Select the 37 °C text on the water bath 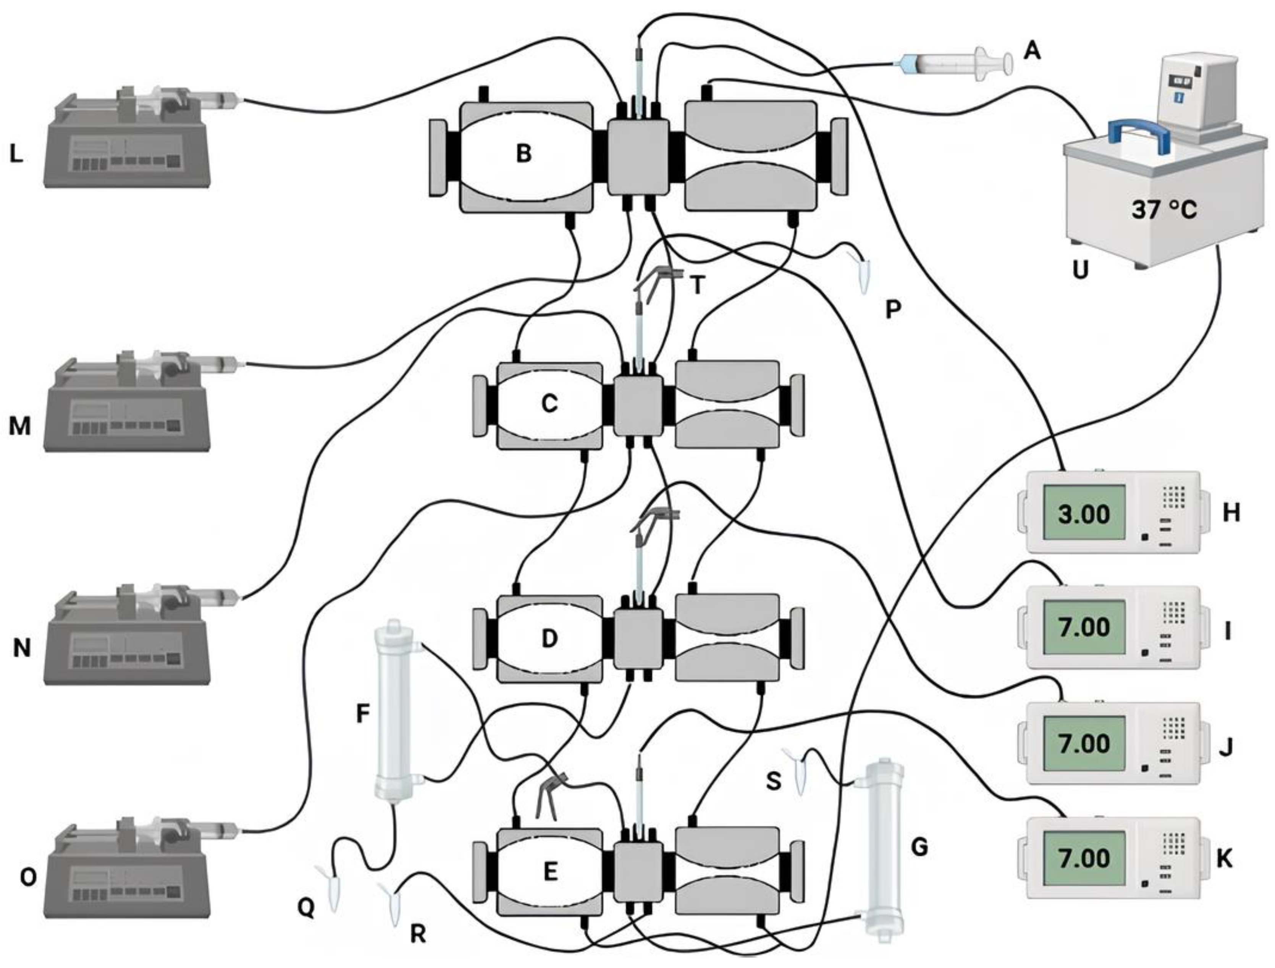tap(1163, 210)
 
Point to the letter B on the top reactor tap(524, 154)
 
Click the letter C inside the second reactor tap(549, 404)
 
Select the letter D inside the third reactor tap(549, 638)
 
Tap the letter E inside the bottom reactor tap(551, 872)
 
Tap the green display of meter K tap(1084, 858)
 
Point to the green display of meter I tap(1084, 627)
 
